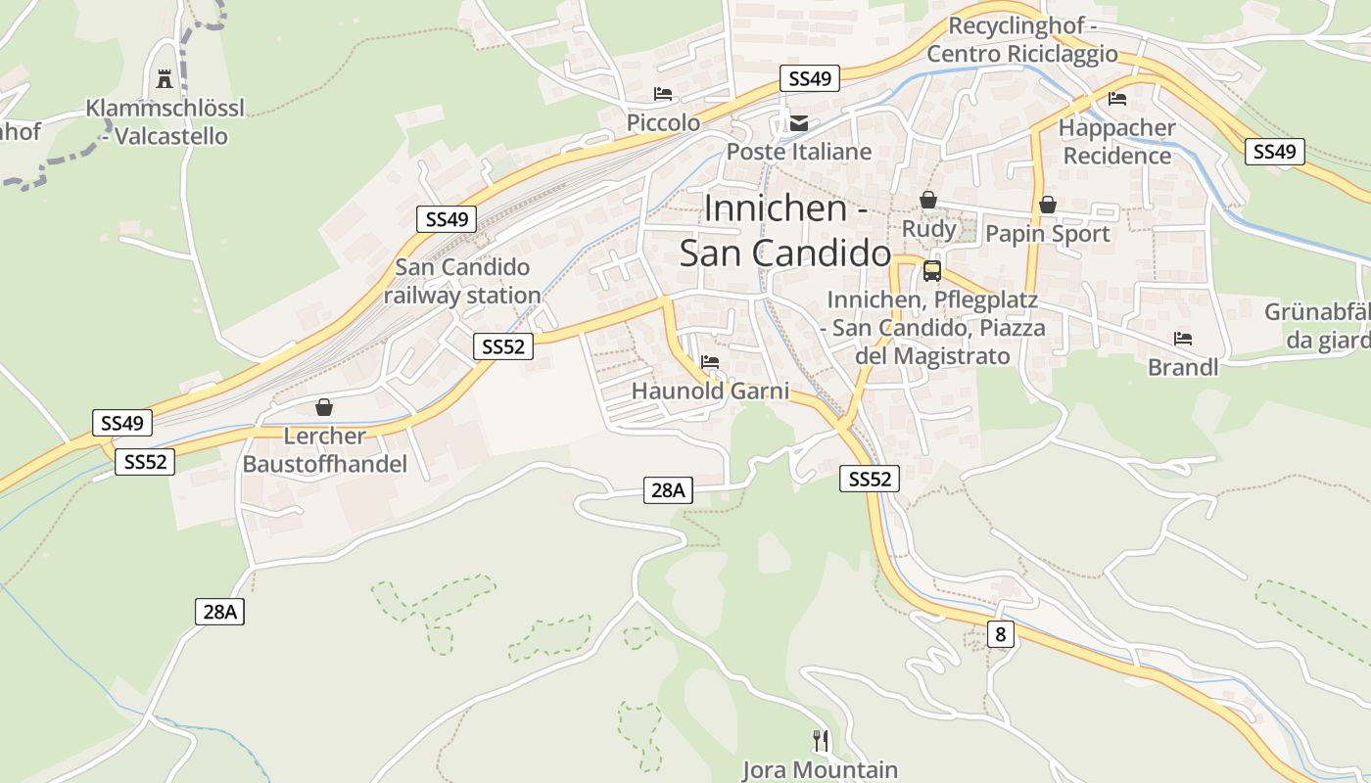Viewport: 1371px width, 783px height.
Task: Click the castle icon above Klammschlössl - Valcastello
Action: click(x=165, y=77)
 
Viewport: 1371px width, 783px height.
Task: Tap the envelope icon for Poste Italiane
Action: click(x=800, y=123)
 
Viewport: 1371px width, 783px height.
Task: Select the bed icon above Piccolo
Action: click(x=663, y=95)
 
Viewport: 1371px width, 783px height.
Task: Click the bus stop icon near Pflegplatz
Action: click(x=931, y=271)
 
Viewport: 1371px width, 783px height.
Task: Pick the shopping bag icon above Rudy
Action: click(x=928, y=201)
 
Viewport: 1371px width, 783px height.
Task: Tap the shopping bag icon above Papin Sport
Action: click(x=1047, y=205)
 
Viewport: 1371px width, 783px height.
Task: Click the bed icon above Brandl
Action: click(x=1183, y=340)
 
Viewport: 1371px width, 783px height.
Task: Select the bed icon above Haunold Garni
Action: click(x=710, y=363)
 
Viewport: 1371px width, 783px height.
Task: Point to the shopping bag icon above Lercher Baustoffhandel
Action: click(x=324, y=407)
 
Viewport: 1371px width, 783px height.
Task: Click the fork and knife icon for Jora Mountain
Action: click(x=821, y=741)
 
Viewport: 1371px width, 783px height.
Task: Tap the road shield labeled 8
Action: click(x=1000, y=634)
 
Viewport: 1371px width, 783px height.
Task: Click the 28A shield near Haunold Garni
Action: click(x=668, y=490)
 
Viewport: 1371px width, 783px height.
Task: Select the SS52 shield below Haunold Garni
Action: click(x=870, y=479)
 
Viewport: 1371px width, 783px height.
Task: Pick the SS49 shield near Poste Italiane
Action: click(x=810, y=78)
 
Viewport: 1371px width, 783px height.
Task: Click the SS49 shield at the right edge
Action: click(x=1274, y=152)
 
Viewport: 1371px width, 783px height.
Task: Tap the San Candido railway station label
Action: click(x=462, y=281)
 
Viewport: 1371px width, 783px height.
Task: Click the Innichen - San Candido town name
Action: click(x=785, y=231)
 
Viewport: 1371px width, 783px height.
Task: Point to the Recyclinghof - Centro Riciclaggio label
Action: click(x=1022, y=40)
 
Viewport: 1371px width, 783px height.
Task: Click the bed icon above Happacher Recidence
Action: click(x=1116, y=99)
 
